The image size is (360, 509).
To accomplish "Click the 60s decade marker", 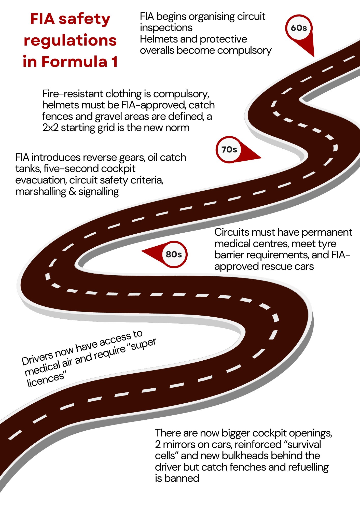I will [x=299, y=28].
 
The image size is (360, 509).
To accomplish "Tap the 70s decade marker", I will [x=229, y=150].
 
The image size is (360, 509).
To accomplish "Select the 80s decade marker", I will [x=174, y=254].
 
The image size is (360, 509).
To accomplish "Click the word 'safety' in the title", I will [x=85, y=19].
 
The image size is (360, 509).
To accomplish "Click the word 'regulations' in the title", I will [x=70, y=40].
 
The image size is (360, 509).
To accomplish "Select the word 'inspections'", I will [x=166, y=28].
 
